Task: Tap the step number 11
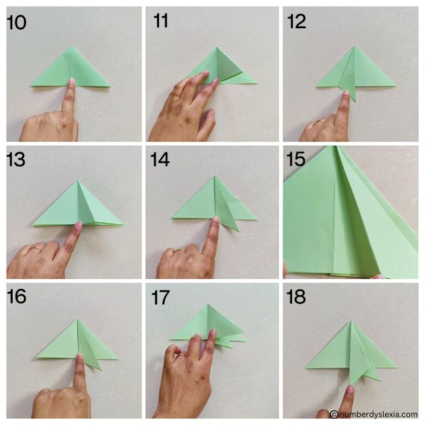point(161,22)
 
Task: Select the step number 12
point(297,22)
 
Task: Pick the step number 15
point(297,160)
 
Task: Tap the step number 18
point(297,297)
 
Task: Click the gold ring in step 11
point(175,96)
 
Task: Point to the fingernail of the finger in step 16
point(79,359)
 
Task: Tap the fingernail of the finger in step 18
point(350,390)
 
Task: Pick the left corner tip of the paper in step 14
point(173,217)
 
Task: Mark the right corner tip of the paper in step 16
point(117,359)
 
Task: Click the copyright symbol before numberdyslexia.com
point(334,414)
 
